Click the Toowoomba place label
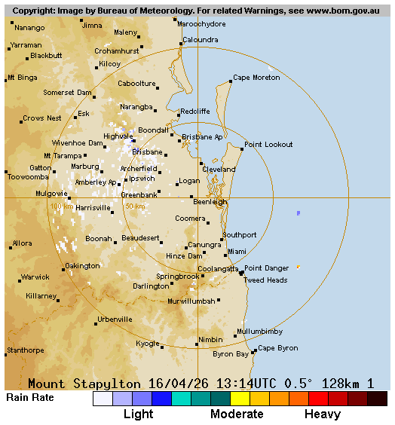click(x=28, y=177)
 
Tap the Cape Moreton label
click(x=256, y=78)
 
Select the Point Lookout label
click(x=268, y=144)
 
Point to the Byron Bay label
click(x=231, y=353)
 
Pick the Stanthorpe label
click(x=26, y=350)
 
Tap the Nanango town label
click(x=29, y=28)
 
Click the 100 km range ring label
click(x=61, y=206)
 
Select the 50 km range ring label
click(x=135, y=206)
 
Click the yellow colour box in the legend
click(x=240, y=399)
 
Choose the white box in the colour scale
click(x=103, y=399)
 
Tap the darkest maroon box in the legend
click(x=378, y=399)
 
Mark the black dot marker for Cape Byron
click(x=255, y=351)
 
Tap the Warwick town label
click(x=35, y=277)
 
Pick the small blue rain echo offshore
click(x=299, y=213)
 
